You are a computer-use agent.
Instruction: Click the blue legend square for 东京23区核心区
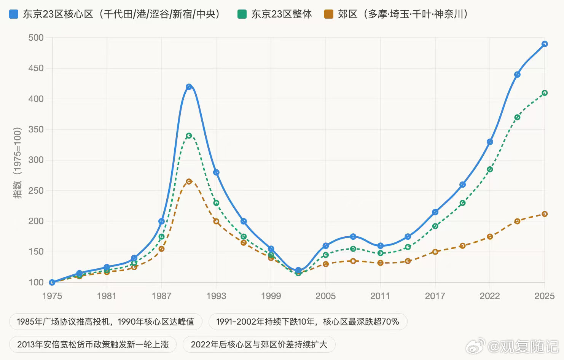pos(14,14)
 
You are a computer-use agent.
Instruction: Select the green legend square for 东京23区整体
pos(242,14)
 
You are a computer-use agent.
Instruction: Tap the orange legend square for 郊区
pos(328,14)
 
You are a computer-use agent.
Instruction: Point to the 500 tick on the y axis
pos(36,38)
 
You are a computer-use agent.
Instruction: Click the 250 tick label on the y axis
pos(36,191)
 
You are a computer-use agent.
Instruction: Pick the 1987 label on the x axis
pos(161,296)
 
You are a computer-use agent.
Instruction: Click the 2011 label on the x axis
pos(380,296)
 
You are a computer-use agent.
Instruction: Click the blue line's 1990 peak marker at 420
pos(189,87)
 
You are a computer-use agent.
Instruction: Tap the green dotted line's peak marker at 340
pos(189,135)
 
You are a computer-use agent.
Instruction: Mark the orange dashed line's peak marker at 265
pos(189,182)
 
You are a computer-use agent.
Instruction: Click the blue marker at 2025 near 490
pos(545,44)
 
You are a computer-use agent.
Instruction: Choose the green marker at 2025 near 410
pos(545,93)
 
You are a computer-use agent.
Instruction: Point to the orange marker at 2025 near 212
pos(545,214)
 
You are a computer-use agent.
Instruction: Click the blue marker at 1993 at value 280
pos(216,172)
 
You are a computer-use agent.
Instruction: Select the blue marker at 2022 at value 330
pos(490,142)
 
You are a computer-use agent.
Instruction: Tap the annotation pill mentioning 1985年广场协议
pos(105,322)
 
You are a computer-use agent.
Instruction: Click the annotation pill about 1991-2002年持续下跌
pos(307,322)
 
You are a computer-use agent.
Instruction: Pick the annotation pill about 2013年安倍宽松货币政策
pos(93,345)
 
